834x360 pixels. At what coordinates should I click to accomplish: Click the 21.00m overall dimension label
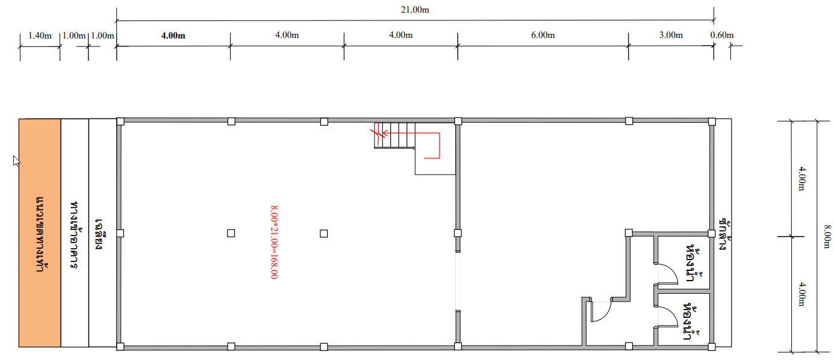pyautogui.click(x=415, y=10)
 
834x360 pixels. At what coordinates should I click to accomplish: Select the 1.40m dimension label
pyautogui.click(x=40, y=36)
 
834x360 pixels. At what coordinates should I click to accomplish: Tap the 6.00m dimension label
pyautogui.click(x=543, y=35)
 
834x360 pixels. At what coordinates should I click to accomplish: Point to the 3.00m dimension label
pyautogui.click(x=671, y=35)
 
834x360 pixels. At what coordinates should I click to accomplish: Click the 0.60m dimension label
pyautogui.click(x=722, y=35)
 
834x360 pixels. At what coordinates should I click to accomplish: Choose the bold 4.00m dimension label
pyautogui.click(x=173, y=36)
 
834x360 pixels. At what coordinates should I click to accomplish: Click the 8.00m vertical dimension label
pyautogui.click(x=827, y=236)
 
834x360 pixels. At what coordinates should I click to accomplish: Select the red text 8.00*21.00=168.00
pyautogui.click(x=274, y=242)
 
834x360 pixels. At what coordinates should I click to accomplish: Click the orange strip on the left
pyautogui.click(x=40, y=233)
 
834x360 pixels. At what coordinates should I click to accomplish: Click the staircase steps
pyautogui.click(x=394, y=135)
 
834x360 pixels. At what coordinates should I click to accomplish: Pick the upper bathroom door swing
pyautogui.click(x=668, y=274)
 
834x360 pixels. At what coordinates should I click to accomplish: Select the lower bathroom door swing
pyautogui.click(x=668, y=317)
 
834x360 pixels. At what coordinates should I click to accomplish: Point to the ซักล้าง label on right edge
pyautogui.click(x=723, y=235)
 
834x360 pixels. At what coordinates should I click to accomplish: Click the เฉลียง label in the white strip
pyautogui.click(x=99, y=234)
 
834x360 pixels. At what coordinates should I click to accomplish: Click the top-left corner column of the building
pyautogui.click(x=120, y=122)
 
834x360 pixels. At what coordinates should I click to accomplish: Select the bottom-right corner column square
pyautogui.click(x=712, y=347)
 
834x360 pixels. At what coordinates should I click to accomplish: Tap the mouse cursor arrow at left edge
pyautogui.click(x=16, y=161)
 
